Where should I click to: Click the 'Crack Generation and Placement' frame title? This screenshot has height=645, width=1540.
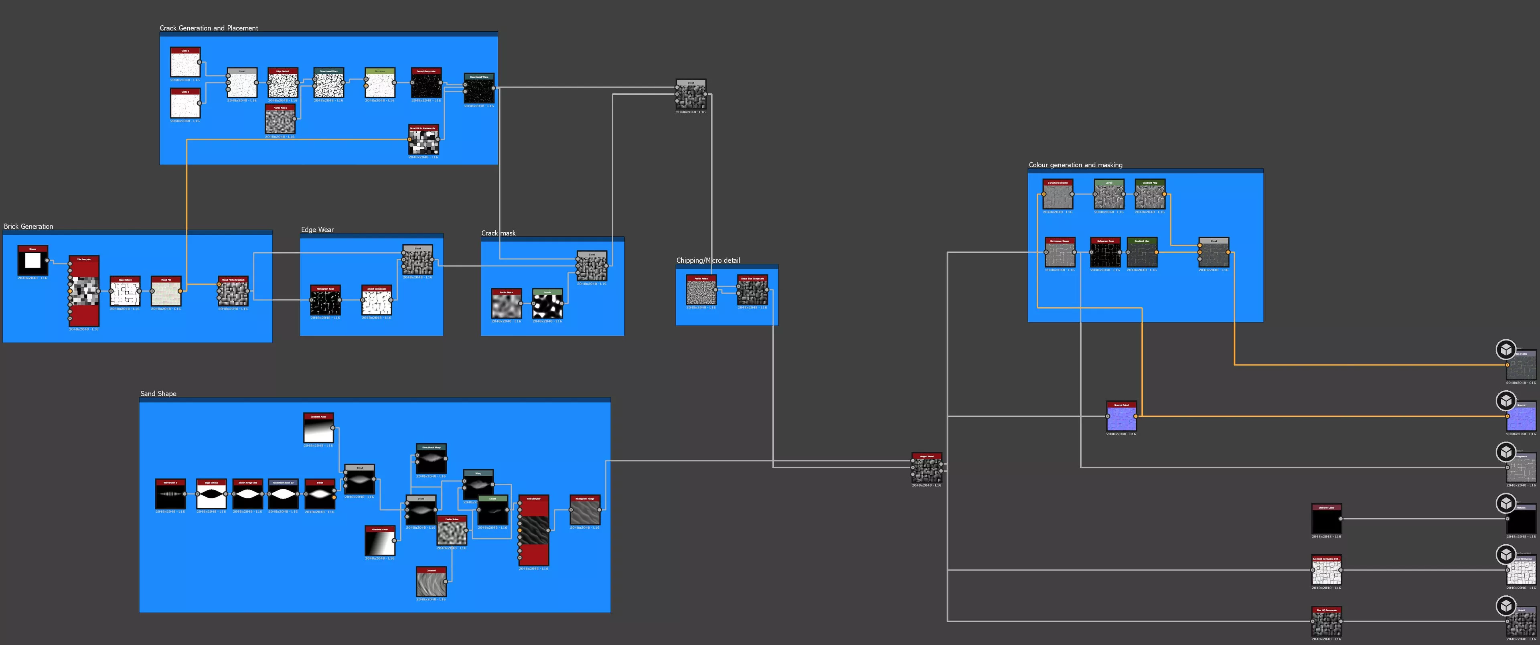coord(209,28)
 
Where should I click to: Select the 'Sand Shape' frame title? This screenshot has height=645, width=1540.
coord(158,393)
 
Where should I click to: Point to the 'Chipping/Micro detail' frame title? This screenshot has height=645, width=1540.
coord(708,260)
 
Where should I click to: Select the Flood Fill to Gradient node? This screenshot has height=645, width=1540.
coord(233,292)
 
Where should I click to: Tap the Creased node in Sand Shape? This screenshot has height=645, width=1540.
coord(431,582)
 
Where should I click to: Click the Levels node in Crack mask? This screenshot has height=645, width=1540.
coord(547,304)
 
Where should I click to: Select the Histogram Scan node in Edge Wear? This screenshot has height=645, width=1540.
coord(325,301)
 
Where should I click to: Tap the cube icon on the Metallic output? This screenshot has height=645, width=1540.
coord(1506,503)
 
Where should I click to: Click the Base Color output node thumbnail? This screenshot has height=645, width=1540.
coord(1521,366)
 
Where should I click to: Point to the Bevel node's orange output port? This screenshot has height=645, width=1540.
coord(334,497)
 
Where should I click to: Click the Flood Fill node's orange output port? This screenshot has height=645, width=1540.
coord(180,291)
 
